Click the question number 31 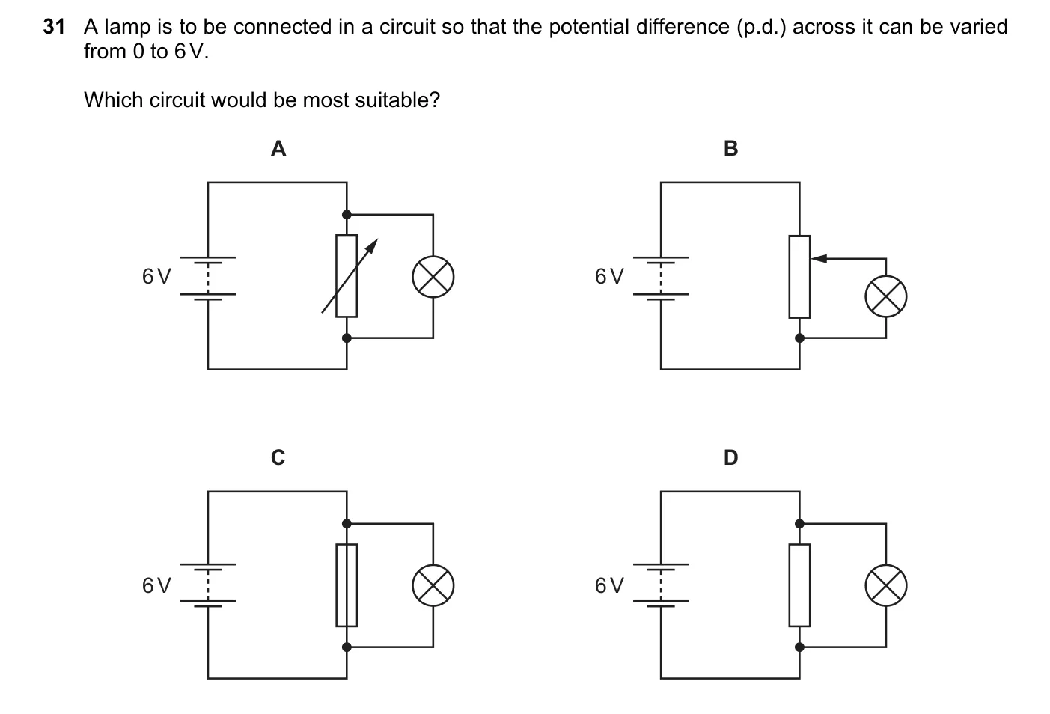coord(54,27)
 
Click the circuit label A coord(278,149)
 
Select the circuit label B coord(730,149)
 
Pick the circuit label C coord(278,457)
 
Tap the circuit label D coord(730,457)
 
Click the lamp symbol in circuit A coord(433,277)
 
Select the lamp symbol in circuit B coord(886,297)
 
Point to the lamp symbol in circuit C coord(433,585)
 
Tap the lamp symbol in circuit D coord(886,585)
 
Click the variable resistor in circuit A coord(347,276)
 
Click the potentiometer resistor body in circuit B coord(800,277)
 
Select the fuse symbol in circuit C coord(347,585)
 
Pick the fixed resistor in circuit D coord(800,585)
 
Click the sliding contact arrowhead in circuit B coord(819,258)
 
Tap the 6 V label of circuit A coord(156,277)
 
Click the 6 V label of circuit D coord(609,585)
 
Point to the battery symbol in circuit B coord(661,278)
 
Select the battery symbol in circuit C coord(208,585)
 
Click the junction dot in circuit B coord(800,338)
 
